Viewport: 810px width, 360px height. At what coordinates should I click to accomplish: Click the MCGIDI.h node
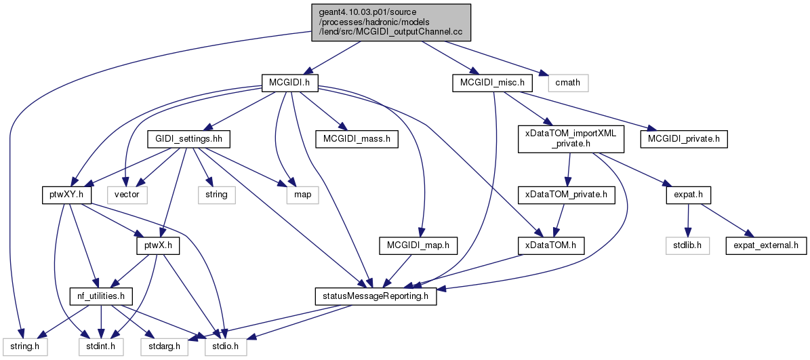click(x=290, y=82)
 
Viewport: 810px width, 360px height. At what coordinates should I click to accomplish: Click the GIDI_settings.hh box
click(x=188, y=139)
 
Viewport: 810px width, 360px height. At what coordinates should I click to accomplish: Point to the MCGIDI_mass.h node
click(x=357, y=139)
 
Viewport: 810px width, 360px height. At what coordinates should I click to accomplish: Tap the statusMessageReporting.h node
click(x=376, y=297)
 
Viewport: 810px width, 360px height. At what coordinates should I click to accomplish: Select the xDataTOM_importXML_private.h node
click(x=571, y=139)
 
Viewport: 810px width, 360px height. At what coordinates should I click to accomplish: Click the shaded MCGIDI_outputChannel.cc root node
click(x=391, y=22)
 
